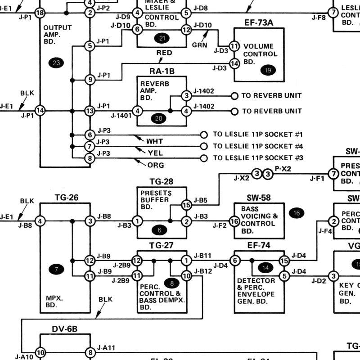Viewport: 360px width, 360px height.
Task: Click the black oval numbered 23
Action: tap(56, 63)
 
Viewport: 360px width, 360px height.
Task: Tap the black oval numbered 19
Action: tap(269, 70)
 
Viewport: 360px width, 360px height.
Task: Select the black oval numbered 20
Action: tap(159, 118)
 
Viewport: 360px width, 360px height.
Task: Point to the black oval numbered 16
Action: tap(296, 213)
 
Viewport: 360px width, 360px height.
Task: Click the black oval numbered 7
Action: tap(56, 270)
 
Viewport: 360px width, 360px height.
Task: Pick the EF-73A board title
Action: tap(259, 22)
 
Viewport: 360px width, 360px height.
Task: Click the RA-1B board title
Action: tap(162, 71)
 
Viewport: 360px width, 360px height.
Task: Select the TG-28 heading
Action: tap(162, 182)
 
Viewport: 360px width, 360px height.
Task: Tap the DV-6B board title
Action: tap(65, 329)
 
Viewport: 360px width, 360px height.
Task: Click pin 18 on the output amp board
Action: tap(40, 13)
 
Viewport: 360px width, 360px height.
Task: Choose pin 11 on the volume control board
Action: tap(234, 46)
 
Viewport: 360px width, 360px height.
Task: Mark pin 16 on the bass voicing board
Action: tap(234, 221)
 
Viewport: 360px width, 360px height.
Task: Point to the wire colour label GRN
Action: tap(199, 45)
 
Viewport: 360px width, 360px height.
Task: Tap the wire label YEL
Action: tap(155, 153)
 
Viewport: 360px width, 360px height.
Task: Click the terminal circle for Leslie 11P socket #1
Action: tap(204, 135)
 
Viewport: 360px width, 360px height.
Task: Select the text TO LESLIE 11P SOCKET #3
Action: tap(258, 158)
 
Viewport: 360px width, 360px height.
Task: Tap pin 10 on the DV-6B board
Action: tap(40, 353)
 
